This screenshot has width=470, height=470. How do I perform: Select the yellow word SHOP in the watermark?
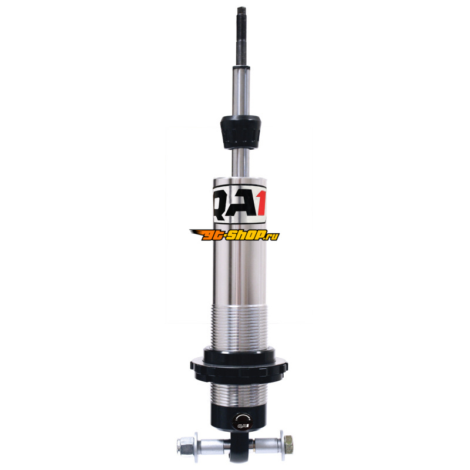246,236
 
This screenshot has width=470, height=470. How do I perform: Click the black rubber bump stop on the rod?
240,132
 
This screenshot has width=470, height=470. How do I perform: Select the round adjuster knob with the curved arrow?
243,421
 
